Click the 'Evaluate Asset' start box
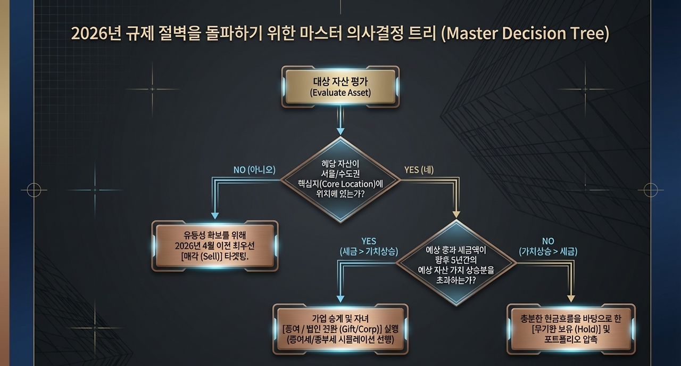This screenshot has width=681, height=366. pyautogui.click(x=340, y=86)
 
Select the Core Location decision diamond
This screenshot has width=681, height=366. pyautogui.click(x=340, y=180)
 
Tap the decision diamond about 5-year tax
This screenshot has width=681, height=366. pyautogui.click(x=456, y=263)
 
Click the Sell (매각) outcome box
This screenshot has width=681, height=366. pyautogui.click(x=214, y=246)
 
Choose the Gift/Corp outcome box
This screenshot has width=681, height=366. pyautogui.click(x=340, y=329)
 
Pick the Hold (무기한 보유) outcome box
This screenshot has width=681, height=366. pyautogui.click(x=571, y=329)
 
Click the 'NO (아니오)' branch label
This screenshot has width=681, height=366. pyautogui.click(x=254, y=170)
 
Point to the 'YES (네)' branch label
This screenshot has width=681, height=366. pyautogui.click(x=419, y=170)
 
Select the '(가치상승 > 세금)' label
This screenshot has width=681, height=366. pyautogui.click(x=548, y=251)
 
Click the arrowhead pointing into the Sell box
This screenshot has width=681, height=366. pyautogui.click(x=215, y=216)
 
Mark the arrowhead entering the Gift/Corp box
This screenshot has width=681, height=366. pyautogui.click(x=340, y=299)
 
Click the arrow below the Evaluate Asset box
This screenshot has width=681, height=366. pyautogui.click(x=340, y=131)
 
